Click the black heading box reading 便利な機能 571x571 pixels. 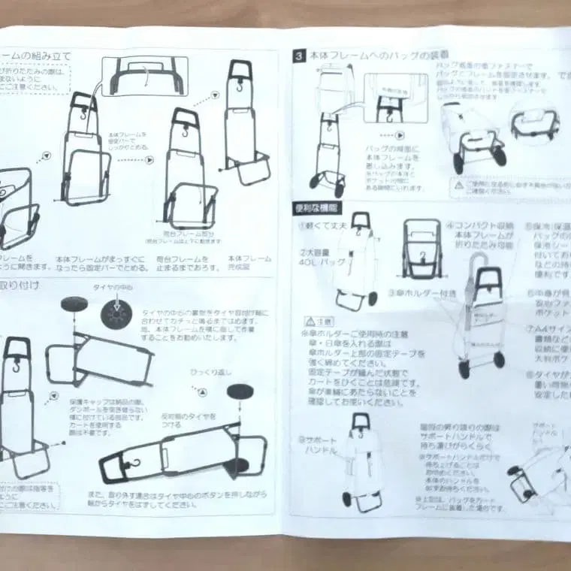(318, 208)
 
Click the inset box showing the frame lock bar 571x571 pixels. (144, 74)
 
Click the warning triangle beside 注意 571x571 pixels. (308, 319)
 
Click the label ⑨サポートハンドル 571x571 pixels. (318, 445)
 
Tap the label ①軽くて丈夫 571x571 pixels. (323, 225)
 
